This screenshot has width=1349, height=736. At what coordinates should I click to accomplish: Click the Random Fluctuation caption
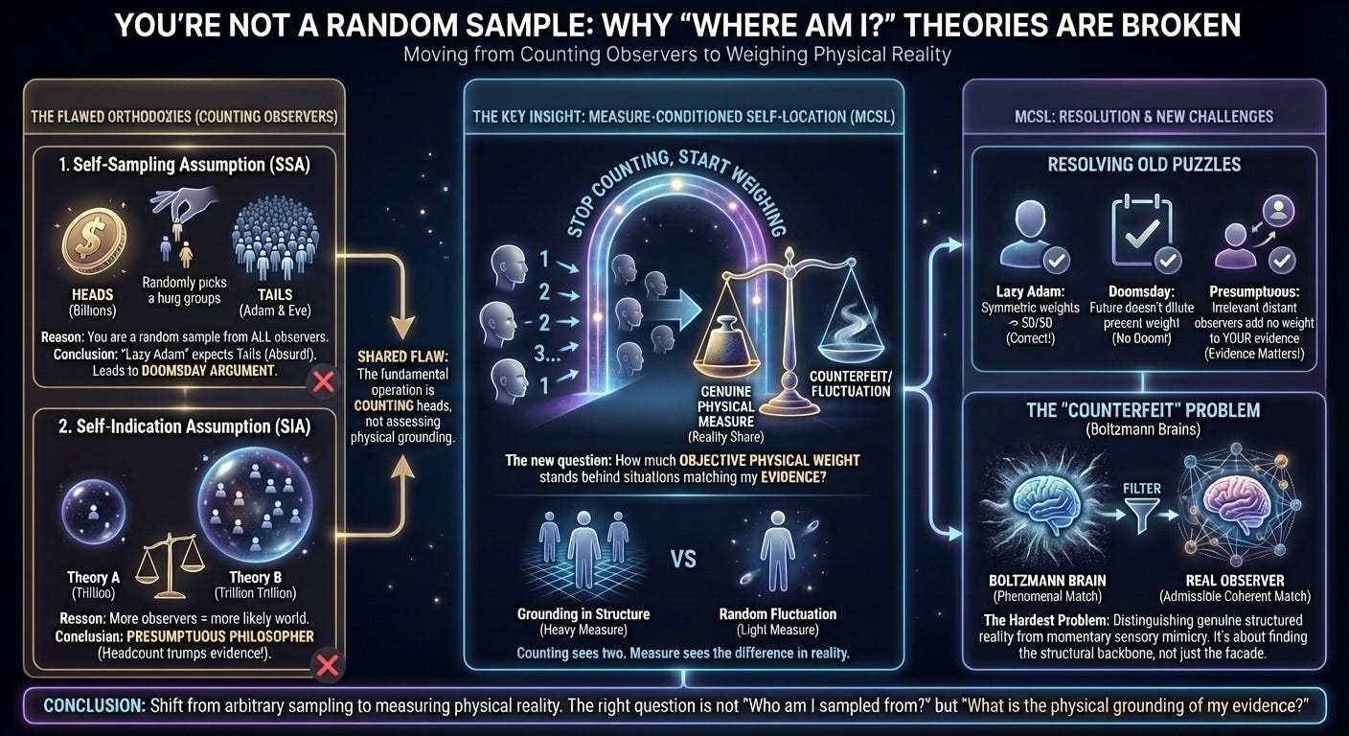click(x=777, y=613)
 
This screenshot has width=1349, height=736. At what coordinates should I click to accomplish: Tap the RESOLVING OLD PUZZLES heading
click(x=1145, y=164)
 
